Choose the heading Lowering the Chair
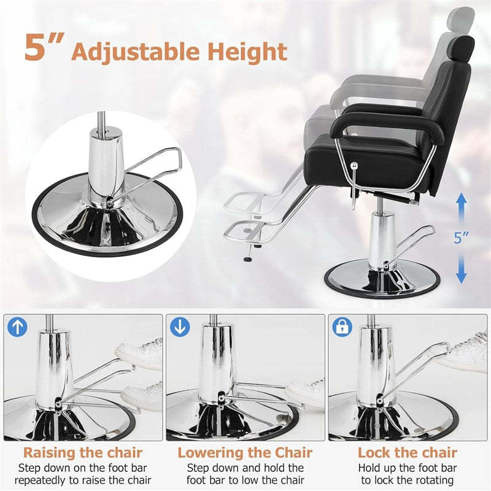[x=245, y=453]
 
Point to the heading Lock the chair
[x=408, y=453]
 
